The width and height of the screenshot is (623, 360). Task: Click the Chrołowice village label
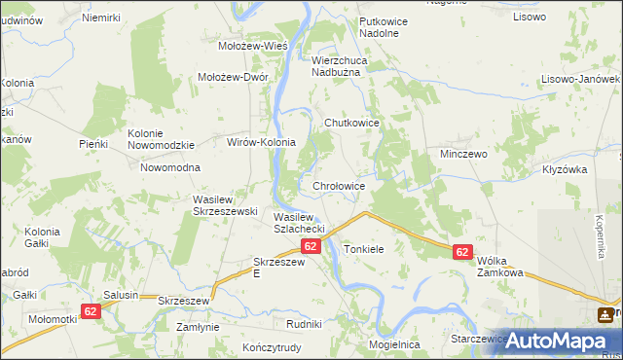click(339, 186)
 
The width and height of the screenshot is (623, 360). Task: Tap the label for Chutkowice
click(350, 124)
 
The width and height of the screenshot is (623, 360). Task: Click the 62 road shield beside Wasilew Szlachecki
click(311, 247)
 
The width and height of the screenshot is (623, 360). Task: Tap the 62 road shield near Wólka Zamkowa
click(462, 252)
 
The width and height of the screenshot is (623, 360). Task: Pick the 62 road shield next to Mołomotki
click(91, 311)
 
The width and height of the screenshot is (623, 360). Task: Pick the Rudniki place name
click(304, 323)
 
